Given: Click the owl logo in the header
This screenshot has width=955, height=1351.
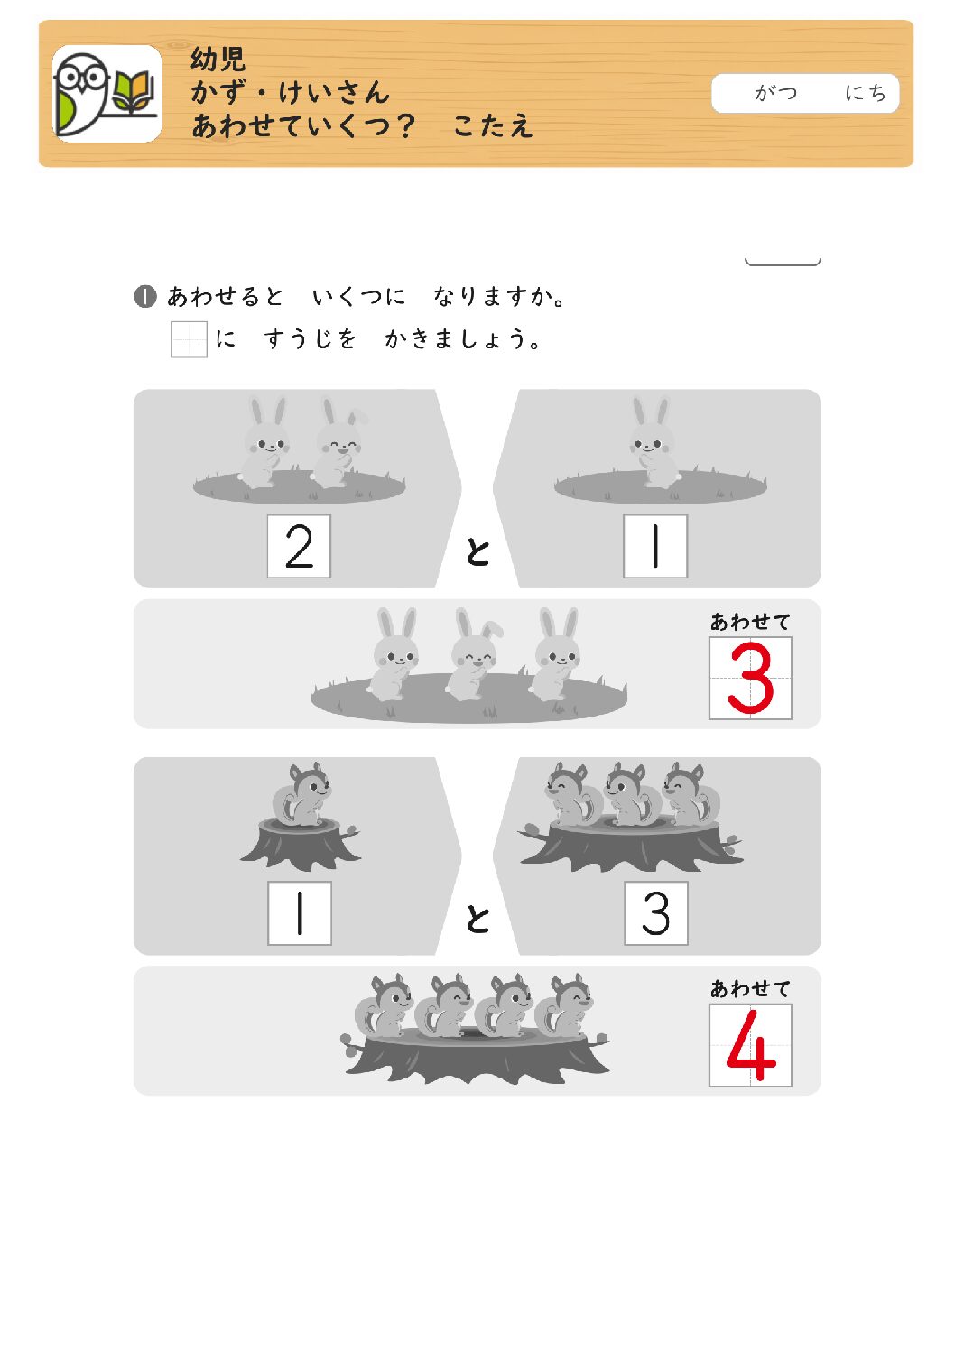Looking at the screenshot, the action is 107,94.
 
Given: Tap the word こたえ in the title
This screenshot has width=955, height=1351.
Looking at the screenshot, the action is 493,126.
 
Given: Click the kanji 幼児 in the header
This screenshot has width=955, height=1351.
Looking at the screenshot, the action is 218,59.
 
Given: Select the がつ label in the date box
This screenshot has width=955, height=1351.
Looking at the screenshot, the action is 775,92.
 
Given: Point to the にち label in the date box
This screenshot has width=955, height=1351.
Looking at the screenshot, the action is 866,92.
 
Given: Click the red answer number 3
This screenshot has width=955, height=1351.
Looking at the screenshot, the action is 750,678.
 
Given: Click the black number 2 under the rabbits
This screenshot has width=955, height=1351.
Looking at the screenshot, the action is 300,546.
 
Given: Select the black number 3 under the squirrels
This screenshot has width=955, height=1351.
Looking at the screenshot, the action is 655,913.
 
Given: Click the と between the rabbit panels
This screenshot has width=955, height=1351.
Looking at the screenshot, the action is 477,551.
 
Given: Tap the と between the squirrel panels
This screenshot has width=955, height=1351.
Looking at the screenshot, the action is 477,919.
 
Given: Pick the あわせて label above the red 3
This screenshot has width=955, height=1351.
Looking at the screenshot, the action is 750,621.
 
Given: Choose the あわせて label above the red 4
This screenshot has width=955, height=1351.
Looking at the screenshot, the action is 750,988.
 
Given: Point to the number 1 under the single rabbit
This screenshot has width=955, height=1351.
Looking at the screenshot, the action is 655,546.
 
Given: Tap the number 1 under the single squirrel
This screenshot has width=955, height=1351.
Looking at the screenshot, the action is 300,913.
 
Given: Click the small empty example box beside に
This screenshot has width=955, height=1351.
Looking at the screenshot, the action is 189,339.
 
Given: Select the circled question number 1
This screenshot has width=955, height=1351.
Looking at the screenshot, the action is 144,296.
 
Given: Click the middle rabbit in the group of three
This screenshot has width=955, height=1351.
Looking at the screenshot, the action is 476,654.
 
